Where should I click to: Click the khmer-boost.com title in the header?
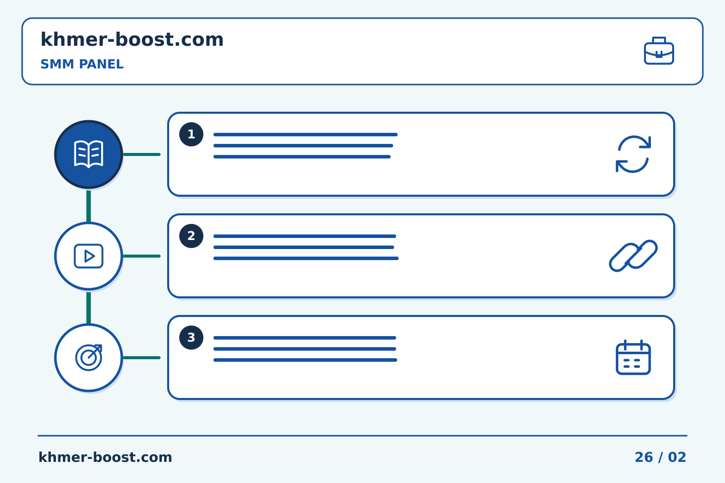[x=132, y=39]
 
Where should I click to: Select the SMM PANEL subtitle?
[x=82, y=64]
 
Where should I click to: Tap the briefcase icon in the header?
[x=659, y=51]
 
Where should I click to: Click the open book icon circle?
[x=89, y=154]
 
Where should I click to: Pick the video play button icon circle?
[x=89, y=256]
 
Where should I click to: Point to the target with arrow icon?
[x=89, y=358]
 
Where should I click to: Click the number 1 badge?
[x=191, y=134]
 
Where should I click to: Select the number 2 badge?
[x=191, y=236]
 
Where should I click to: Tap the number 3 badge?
[x=191, y=338]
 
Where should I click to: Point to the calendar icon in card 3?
[x=633, y=358]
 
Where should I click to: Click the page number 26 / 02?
[x=660, y=457]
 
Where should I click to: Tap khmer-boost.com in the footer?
[x=105, y=457]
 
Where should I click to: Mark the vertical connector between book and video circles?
[x=89, y=206]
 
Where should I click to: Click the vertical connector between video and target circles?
[x=89, y=307]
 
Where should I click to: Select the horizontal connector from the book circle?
[x=142, y=154]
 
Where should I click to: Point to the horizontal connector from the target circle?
[x=142, y=358]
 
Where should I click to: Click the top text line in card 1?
[x=306, y=134]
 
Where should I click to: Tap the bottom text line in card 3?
[x=305, y=360]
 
